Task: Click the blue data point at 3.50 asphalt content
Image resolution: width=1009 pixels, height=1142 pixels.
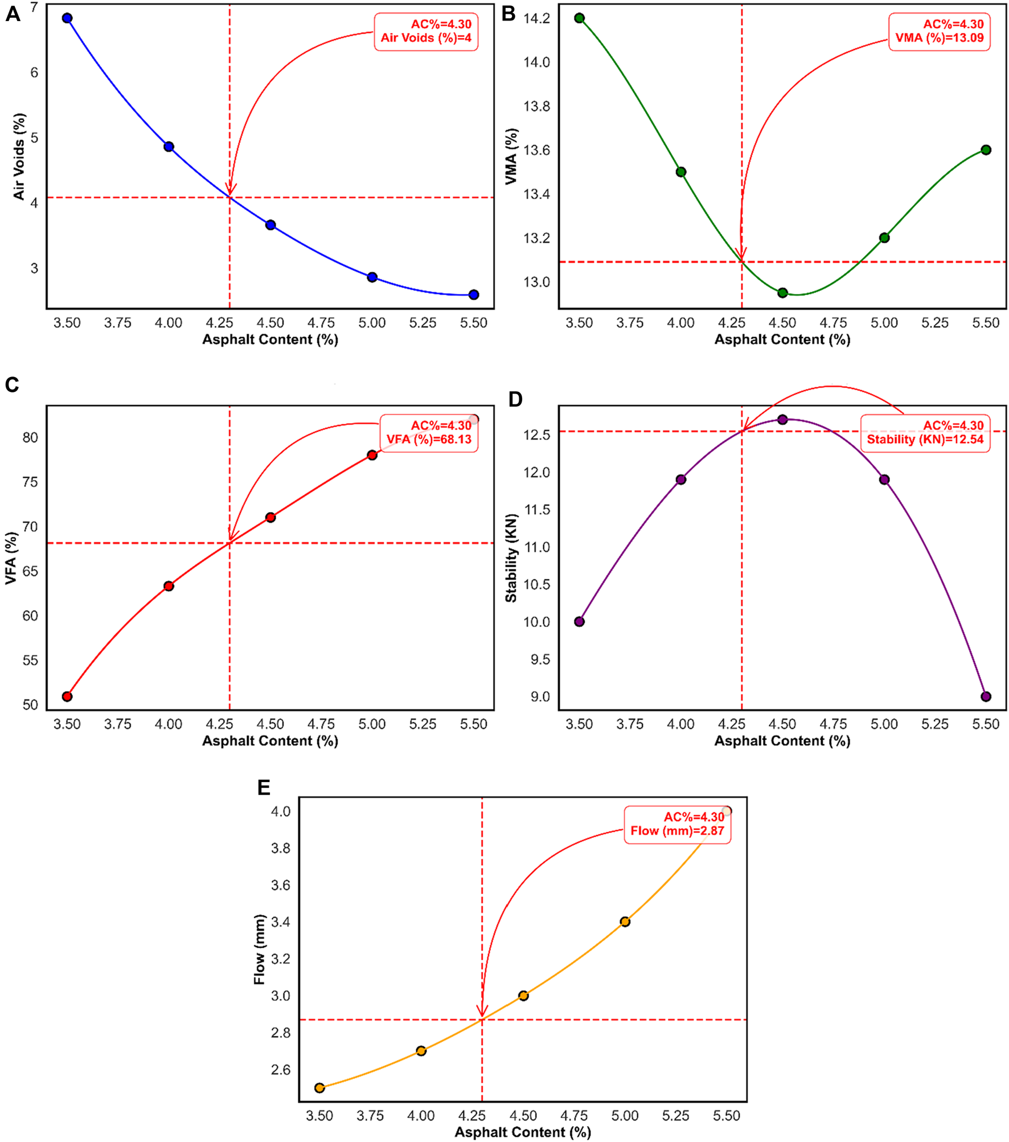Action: tap(67, 18)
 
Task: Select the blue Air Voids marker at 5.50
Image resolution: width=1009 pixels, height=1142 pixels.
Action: tap(473, 294)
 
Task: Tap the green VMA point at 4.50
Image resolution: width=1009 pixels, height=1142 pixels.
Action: tap(782, 293)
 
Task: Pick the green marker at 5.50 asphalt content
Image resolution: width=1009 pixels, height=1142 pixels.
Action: tap(986, 150)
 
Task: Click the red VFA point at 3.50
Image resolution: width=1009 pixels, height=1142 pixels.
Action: tap(67, 696)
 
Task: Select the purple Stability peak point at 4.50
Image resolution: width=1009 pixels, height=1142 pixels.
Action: tap(782, 419)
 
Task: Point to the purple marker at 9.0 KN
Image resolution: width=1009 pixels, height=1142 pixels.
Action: tap(986, 696)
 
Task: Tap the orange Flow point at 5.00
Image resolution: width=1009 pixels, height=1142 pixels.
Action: tap(625, 922)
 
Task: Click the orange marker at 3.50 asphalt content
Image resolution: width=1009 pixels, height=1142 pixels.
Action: tap(319, 1088)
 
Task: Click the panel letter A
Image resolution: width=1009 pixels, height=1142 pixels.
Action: tap(13, 14)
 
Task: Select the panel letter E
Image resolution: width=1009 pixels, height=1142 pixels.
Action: tap(264, 788)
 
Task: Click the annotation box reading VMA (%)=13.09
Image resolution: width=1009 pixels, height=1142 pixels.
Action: tap(939, 31)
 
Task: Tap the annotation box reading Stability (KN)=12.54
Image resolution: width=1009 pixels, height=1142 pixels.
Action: tap(925, 432)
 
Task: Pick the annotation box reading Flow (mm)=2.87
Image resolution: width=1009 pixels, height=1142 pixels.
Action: tap(676, 824)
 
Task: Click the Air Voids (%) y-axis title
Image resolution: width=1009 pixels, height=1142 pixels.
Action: tap(19, 157)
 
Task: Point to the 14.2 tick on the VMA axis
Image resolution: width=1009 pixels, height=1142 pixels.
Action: tap(536, 18)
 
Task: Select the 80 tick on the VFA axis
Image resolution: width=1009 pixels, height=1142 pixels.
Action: tap(30, 437)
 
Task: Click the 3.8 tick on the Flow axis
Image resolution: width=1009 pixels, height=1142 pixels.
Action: tap(280, 848)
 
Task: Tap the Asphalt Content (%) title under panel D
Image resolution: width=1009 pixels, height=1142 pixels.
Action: tap(782, 740)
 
